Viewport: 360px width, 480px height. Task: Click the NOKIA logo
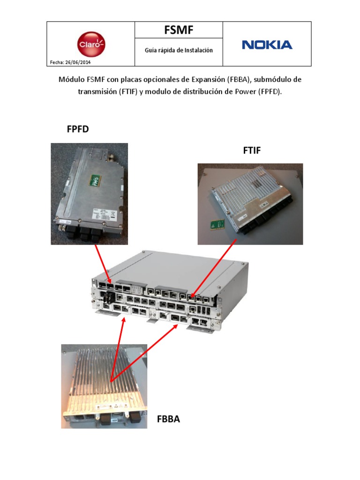pos(267,45)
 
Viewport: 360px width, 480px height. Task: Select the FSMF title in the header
pos(179,30)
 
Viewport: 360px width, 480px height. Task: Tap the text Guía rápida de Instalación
pos(179,50)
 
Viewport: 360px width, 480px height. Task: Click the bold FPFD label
pos(78,129)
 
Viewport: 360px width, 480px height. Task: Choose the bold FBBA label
pos(168,419)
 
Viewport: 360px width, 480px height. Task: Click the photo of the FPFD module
pos(89,193)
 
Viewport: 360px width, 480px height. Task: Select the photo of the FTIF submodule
pos(250,203)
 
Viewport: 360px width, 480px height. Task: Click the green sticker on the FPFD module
pos(96,181)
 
